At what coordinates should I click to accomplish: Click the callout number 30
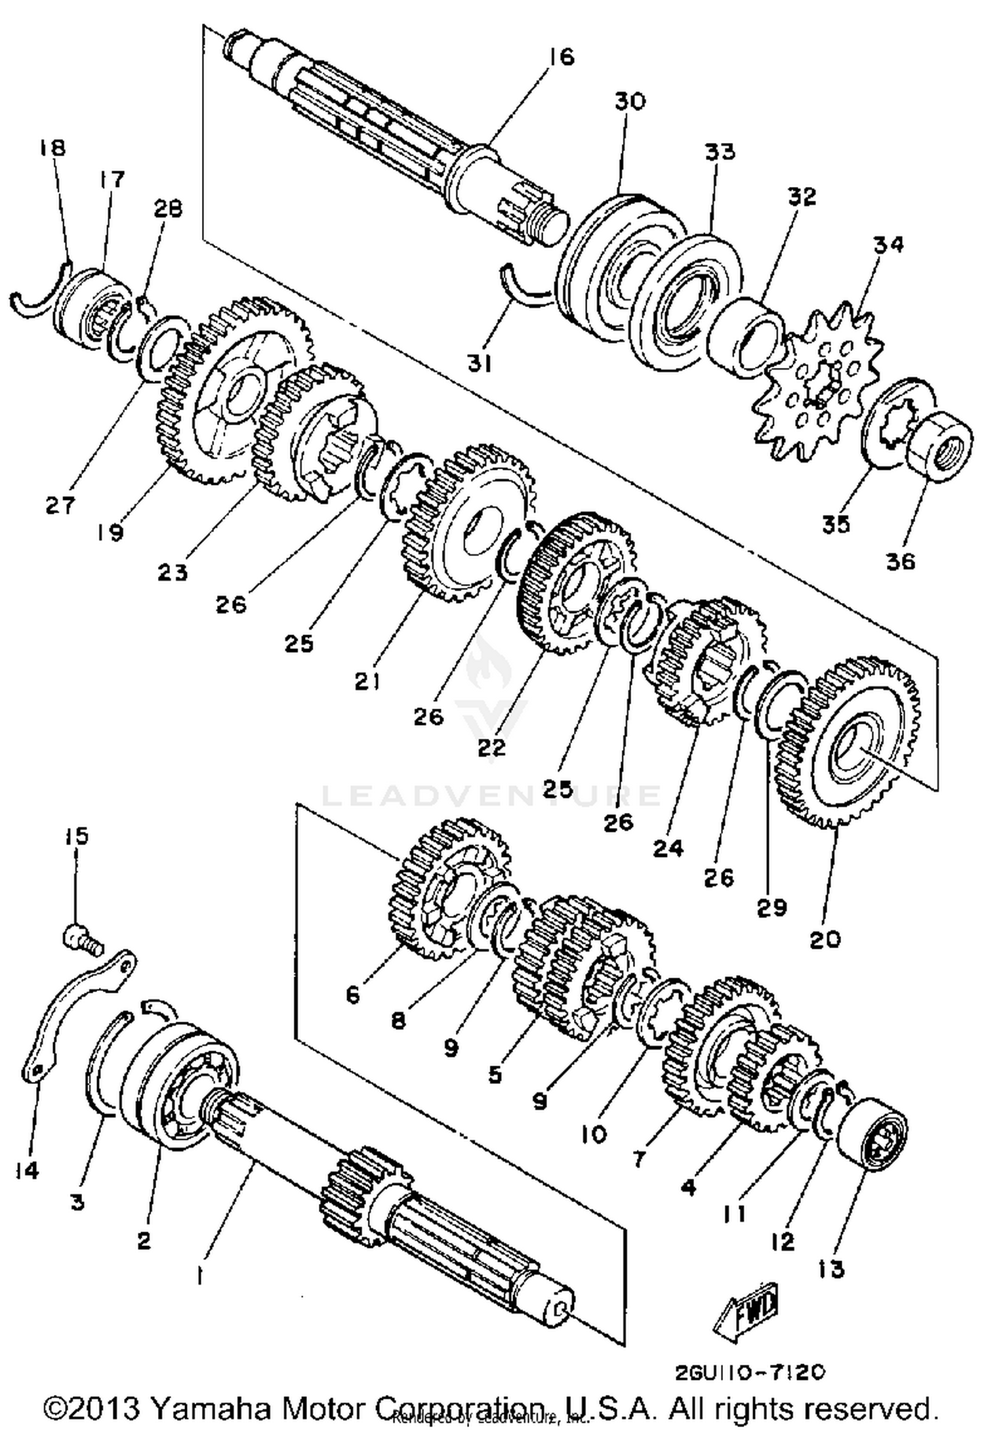(630, 101)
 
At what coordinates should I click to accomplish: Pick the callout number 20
(825, 940)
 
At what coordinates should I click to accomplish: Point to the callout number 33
(720, 152)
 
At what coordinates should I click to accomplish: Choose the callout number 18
(52, 147)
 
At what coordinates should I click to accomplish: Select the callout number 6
(353, 995)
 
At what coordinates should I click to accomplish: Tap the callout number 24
(668, 848)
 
